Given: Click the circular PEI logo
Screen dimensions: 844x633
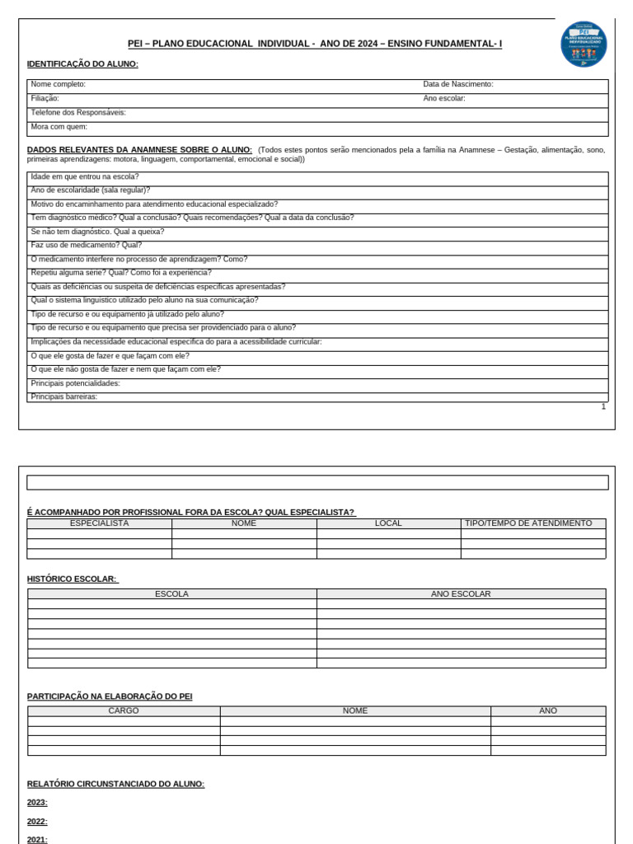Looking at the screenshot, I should pyautogui.click(x=584, y=44).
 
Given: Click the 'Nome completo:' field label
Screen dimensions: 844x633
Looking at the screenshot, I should pyautogui.click(x=59, y=85).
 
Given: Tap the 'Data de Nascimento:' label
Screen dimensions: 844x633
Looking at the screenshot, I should pyautogui.click(x=457, y=85).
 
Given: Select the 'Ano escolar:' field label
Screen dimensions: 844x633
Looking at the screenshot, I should pyautogui.click(x=444, y=99).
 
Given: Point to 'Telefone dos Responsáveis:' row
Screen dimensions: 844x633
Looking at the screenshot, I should pyautogui.click(x=78, y=113).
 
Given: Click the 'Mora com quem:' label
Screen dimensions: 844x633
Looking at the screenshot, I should pyautogui.click(x=59, y=127).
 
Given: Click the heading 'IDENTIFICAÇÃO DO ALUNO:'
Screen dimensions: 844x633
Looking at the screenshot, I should pyautogui.click(x=82, y=64).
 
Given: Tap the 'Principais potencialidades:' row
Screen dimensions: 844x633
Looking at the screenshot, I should pyautogui.click(x=76, y=383).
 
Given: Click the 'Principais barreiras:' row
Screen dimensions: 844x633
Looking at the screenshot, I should pyautogui.click(x=64, y=396).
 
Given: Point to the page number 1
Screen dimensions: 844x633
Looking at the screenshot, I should pyautogui.click(x=603, y=406).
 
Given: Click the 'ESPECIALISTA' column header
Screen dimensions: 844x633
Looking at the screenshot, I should pyautogui.click(x=99, y=523).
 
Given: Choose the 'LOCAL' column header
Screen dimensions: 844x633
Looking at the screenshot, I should pyautogui.click(x=388, y=523).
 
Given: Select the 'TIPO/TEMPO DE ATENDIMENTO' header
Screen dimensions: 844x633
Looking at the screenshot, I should pyautogui.click(x=528, y=523).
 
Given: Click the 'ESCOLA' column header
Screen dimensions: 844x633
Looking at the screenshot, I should pyautogui.click(x=171, y=593).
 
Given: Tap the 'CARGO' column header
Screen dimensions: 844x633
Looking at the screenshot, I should pyautogui.click(x=124, y=710).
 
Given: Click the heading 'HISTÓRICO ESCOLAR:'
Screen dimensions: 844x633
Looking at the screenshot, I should pyautogui.click(x=73, y=579).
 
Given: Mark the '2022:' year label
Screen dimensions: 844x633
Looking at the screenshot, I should pyautogui.click(x=37, y=822).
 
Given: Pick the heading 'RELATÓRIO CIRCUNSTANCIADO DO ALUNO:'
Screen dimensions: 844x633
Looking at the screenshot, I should pyautogui.click(x=115, y=784).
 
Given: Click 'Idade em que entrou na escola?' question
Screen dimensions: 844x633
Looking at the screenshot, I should pyautogui.click(x=85, y=177).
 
